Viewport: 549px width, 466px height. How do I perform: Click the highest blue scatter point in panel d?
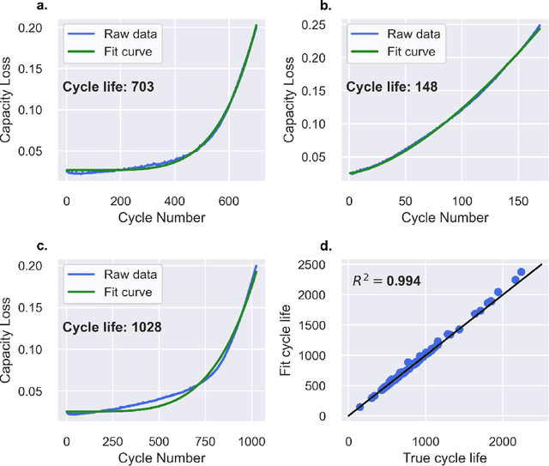click(x=521, y=272)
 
